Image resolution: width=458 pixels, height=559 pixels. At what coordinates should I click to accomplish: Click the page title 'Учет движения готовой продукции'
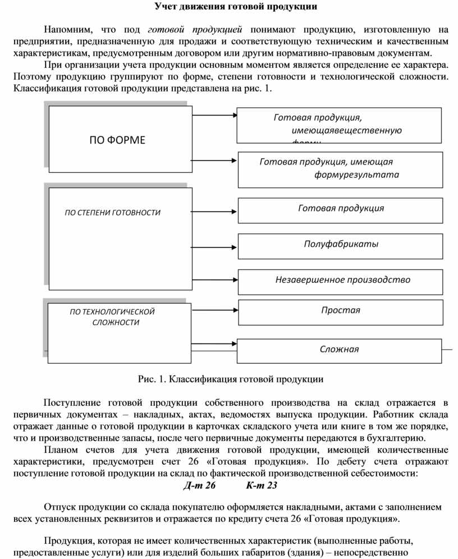click(236, 7)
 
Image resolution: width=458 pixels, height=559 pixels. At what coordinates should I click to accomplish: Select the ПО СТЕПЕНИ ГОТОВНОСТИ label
click(113, 213)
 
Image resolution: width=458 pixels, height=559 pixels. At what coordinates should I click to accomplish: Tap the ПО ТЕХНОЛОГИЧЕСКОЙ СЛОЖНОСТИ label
click(112, 317)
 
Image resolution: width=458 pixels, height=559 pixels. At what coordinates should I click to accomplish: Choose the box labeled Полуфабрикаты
click(341, 244)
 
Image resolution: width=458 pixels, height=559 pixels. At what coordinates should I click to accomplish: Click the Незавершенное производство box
click(342, 279)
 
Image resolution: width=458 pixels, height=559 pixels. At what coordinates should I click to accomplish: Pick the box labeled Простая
click(341, 310)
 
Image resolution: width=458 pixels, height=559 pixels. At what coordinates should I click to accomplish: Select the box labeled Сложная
click(339, 349)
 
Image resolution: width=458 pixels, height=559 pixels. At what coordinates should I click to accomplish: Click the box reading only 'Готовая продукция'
click(341, 208)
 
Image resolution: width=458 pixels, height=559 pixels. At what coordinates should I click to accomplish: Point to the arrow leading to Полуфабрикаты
click(216, 246)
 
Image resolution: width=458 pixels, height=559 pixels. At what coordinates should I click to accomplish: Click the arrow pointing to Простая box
click(216, 313)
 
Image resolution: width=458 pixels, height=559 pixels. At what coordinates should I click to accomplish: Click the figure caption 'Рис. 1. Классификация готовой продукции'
click(231, 379)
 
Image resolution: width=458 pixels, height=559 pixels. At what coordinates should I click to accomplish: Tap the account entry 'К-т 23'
click(262, 485)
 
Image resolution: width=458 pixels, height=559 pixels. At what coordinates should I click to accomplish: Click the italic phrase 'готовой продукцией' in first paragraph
click(195, 29)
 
